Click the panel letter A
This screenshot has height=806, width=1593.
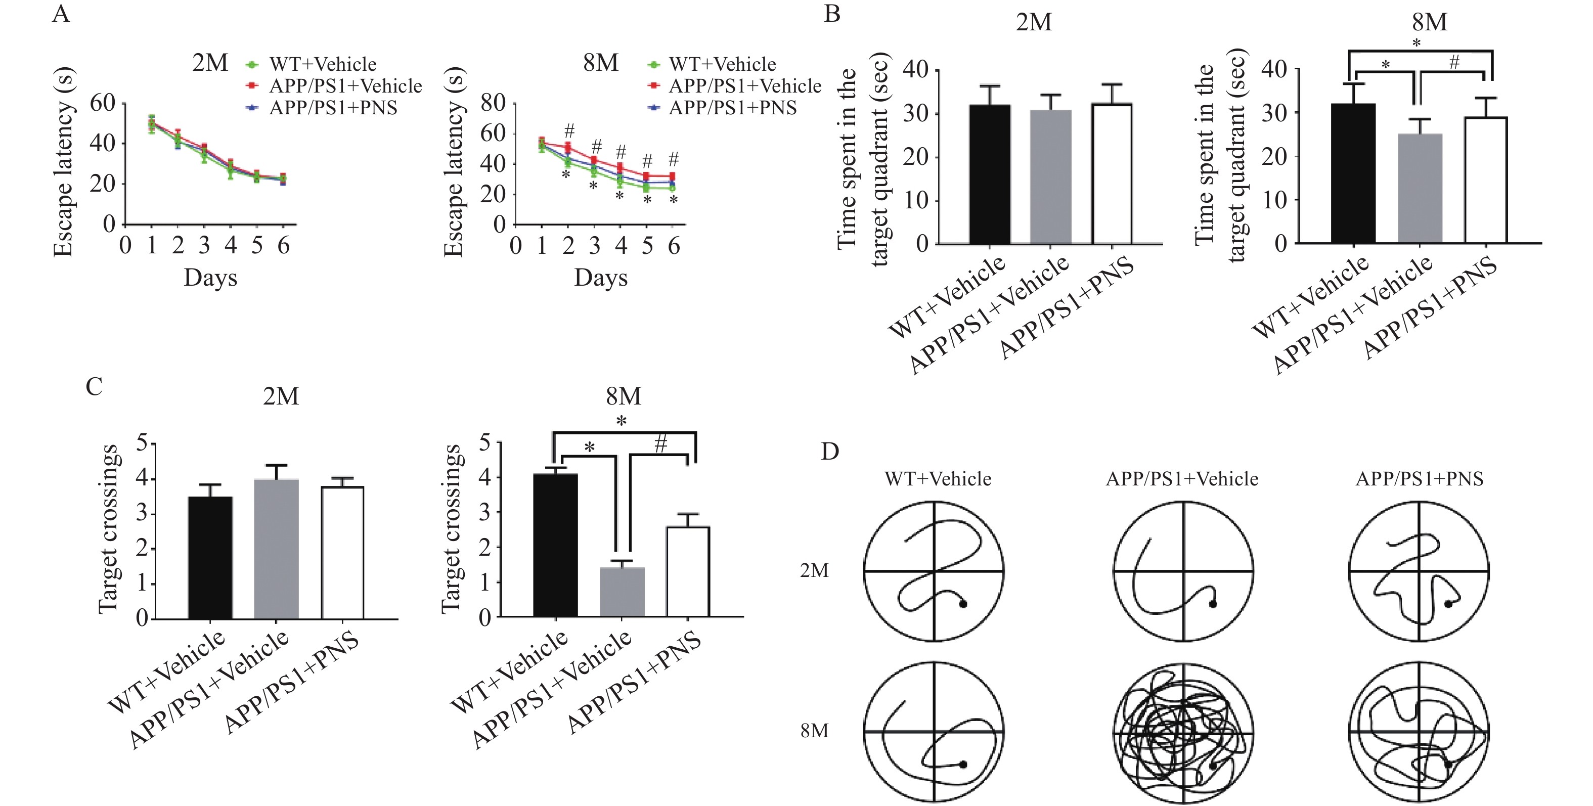pos(61,13)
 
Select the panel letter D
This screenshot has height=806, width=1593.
pos(829,452)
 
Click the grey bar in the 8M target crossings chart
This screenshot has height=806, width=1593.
pos(622,592)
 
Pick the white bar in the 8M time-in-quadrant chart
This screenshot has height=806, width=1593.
pos(1486,180)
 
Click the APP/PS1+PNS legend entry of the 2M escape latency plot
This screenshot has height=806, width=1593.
pos(333,108)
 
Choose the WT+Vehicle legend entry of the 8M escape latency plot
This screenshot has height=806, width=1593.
pos(722,64)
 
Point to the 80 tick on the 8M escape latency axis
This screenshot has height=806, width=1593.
pos(493,103)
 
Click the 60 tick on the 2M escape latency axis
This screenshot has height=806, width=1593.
pos(103,103)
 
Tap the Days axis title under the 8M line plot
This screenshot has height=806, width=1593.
pos(600,278)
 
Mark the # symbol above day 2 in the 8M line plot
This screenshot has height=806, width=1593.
pos(569,130)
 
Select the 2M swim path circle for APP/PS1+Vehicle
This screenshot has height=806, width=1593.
pos(1183,571)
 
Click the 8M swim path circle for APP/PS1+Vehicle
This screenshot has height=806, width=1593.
pos(1183,733)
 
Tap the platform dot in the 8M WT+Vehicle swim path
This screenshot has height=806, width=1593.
pos(963,765)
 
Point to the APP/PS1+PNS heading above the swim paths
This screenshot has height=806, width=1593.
pos(1419,479)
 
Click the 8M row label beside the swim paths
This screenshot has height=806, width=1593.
pos(814,731)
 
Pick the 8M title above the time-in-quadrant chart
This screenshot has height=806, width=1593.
pos(1429,23)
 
